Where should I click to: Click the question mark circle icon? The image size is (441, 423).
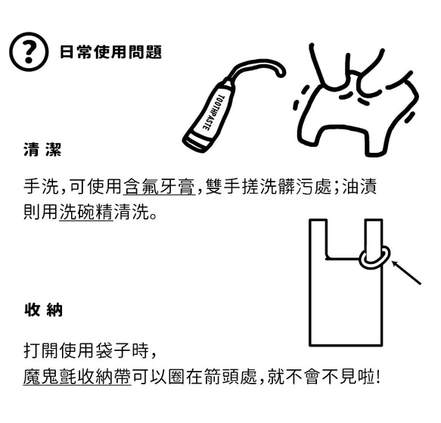[x=28, y=52]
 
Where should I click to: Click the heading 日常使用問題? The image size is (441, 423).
[x=110, y=52]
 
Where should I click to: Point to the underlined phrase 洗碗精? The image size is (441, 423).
[x=86, y=213]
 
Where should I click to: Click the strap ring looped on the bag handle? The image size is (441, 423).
[x=374, y=257]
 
